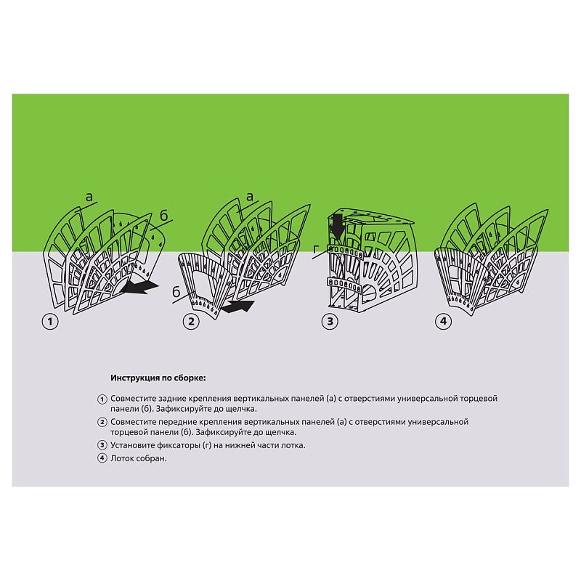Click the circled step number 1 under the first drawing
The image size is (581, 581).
50,321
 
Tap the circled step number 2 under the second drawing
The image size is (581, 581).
191,321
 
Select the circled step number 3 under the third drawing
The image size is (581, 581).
330,321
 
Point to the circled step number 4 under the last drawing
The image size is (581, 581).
443,321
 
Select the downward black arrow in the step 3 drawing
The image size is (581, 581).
338,226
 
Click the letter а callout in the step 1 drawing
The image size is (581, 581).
89,197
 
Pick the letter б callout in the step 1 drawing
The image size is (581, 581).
164,215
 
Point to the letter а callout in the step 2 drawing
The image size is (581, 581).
250,197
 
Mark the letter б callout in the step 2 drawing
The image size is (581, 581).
176,292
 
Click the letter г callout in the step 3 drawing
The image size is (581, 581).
316,249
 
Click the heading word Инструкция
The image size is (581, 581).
136,378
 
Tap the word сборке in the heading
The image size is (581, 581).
191,378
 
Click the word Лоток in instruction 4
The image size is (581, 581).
121,458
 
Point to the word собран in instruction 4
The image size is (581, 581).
151,459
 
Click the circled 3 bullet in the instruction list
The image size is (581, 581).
102,445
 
